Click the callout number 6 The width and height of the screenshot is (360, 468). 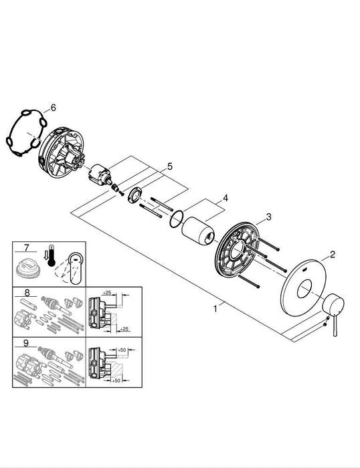(x=54, y=106)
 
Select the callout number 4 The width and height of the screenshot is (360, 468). (x=226, y=198)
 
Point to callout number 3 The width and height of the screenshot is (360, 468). (x=268, y=216)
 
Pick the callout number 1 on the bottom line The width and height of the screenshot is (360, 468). (x=215, y=309)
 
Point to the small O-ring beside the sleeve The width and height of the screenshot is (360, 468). (x=177, y=217)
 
